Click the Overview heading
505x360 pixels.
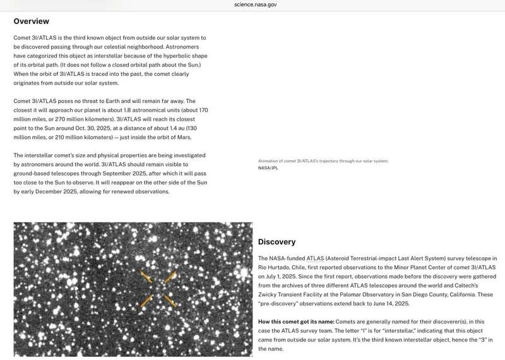click(31, 21)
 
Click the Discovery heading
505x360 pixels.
click(276, 242)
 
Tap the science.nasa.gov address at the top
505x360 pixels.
click(255, 4)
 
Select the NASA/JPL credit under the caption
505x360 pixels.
click(268, 168)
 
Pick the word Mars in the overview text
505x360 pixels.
click(183, 137)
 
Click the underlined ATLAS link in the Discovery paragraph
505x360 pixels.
click(314, 258)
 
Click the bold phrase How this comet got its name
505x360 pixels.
click(295, 322)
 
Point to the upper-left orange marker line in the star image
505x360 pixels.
click(146, 277)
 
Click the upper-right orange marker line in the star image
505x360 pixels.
click(170, 277)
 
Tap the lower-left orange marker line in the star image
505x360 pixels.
click(146, 301)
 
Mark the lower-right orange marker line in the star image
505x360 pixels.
click(169, 301)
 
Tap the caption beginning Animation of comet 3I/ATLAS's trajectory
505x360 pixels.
click(323, 161)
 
